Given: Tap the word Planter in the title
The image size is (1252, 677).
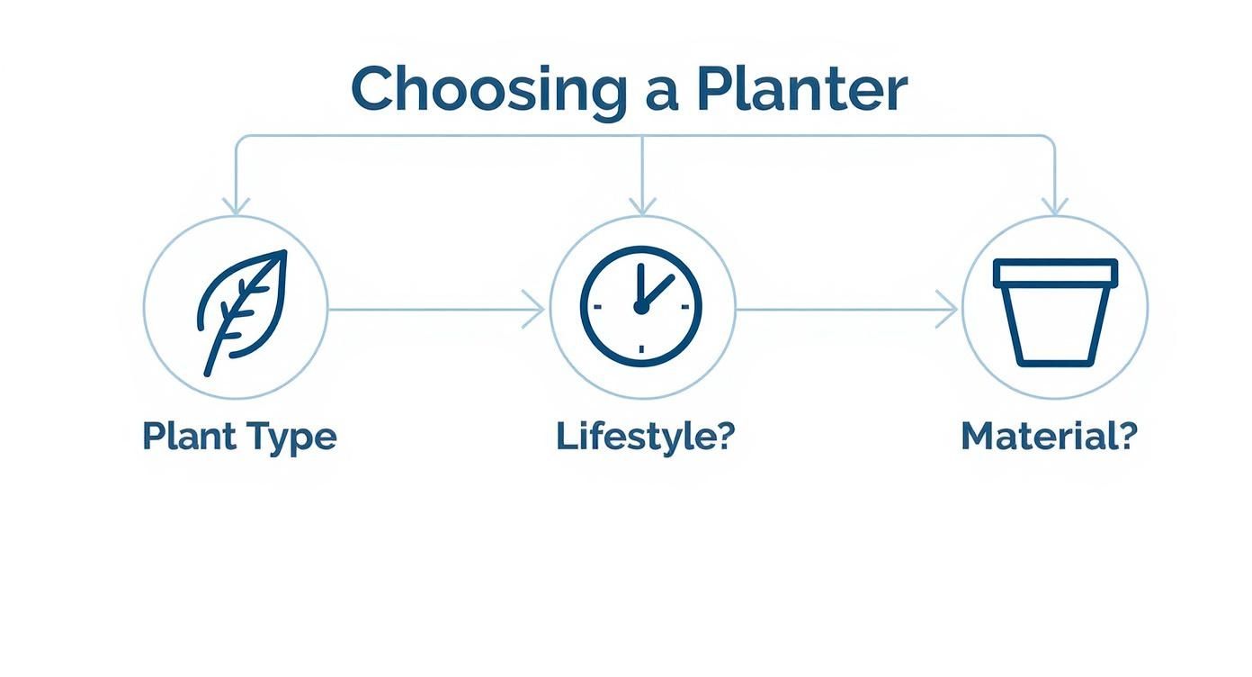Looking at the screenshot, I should point(801,90).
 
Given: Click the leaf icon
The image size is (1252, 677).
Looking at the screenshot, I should point(241,309).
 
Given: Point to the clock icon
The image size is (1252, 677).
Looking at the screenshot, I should point(641,307).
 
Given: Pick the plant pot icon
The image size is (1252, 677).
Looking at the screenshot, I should point(1055,311).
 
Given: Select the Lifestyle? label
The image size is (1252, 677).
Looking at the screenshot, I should point(645,437).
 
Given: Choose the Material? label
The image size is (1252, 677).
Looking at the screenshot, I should point(1049,437).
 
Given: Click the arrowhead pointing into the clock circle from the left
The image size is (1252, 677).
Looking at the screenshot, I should point(536,310).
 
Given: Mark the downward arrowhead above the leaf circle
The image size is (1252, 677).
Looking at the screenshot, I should point(236,206).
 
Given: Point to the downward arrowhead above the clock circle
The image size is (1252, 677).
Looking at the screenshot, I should point(642,206).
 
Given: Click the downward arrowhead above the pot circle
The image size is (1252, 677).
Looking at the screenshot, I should point(1054,206).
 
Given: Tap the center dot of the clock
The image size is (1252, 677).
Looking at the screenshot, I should point(641,308).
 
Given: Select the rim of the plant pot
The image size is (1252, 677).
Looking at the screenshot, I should point(1055,273).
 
